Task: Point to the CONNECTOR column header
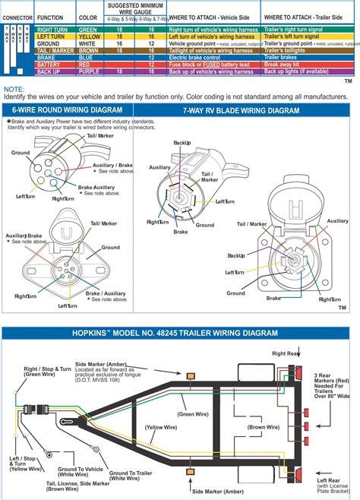coord(17,16)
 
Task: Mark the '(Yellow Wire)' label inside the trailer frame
coord(162,428)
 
